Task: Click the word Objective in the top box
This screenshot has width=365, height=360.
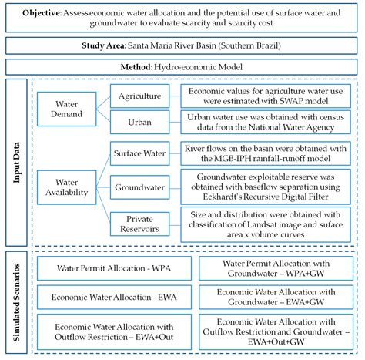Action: (x=48, y=14)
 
